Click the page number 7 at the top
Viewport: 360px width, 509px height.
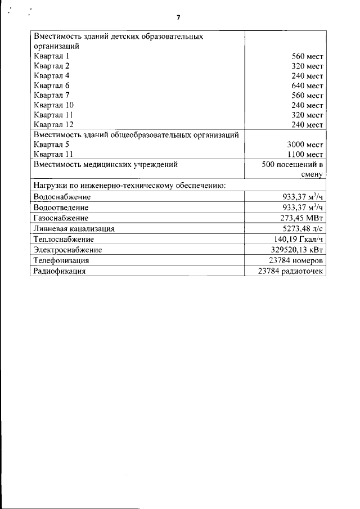coord(178,17)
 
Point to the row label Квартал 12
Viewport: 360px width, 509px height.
coord(53,124)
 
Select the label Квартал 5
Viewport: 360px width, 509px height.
coord(51,145)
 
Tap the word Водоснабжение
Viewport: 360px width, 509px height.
coord(62,197)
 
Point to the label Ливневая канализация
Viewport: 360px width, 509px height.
coord(74,229)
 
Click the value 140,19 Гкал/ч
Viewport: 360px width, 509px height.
coord(299,239)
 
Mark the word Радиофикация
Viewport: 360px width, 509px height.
coord(60,271)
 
